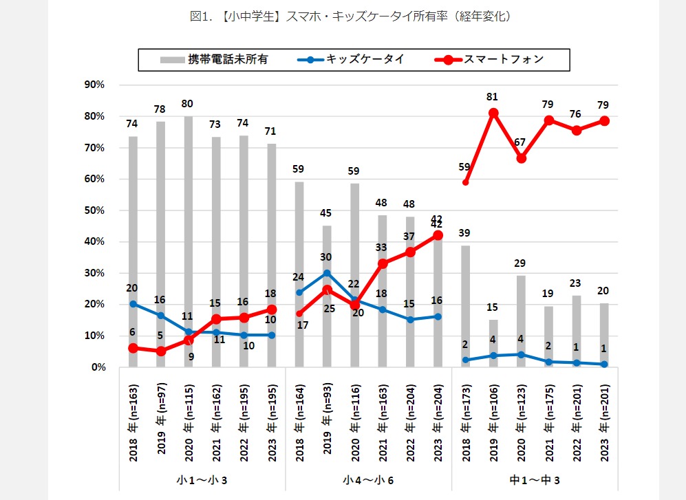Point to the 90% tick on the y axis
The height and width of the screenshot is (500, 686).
[x=94, y=85]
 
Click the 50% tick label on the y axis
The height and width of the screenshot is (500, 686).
[x=94, y=210]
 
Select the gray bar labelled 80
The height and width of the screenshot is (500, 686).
[x=188, y=241]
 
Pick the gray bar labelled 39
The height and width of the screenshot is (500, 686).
[x=465, y=306]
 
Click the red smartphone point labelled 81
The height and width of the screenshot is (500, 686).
[x=493, y=113]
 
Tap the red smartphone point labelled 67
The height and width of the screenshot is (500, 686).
[x=522, y=158]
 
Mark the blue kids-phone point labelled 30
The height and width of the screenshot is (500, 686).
[x=327, y=272]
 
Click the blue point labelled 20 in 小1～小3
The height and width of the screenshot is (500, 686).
[x=133, y=304]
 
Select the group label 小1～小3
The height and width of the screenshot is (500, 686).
[x=202, y=479]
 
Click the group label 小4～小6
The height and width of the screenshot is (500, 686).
[x=368, y=479]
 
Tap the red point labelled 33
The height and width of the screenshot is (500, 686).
[x=383, y=263]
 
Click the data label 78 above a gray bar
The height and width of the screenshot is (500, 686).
[x=160, y=109]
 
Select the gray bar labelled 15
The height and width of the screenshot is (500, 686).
[x=493, y=343]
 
